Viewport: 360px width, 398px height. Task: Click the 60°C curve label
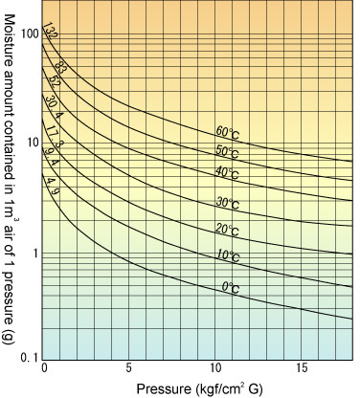click(x=227, y=133)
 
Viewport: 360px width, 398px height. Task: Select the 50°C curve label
click(x=227, y=151)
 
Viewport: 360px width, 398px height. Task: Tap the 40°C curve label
click(x=227, y=173)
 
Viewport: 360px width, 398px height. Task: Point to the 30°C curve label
click(x=228, y=203)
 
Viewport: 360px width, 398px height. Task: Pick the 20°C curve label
click(x=227, y=230)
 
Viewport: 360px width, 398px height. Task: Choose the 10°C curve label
click(x=228, y=255)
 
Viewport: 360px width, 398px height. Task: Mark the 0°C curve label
click(x=231, y=287)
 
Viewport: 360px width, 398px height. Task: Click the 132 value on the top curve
click(x=50, y=31)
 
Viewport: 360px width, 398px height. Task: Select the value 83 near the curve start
click(x=59, y=68)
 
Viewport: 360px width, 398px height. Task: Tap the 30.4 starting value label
click(x=52, y=107)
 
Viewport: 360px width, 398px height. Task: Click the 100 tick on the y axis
click(x=30, y=33)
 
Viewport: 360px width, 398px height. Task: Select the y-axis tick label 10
click(x=33, y=144)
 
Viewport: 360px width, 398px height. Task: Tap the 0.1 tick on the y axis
click(x=29, y=358)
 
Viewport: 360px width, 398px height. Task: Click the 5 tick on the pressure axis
click(x=128, y=368)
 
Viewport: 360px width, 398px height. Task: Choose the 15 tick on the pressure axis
click(x=302, y=368)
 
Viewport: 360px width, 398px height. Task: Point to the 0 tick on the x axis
click(x=44, y=368)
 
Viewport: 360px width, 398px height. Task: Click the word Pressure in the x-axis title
click(x=163, y=389)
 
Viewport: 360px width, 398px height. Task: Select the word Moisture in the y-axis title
click(x=10, y=35)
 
